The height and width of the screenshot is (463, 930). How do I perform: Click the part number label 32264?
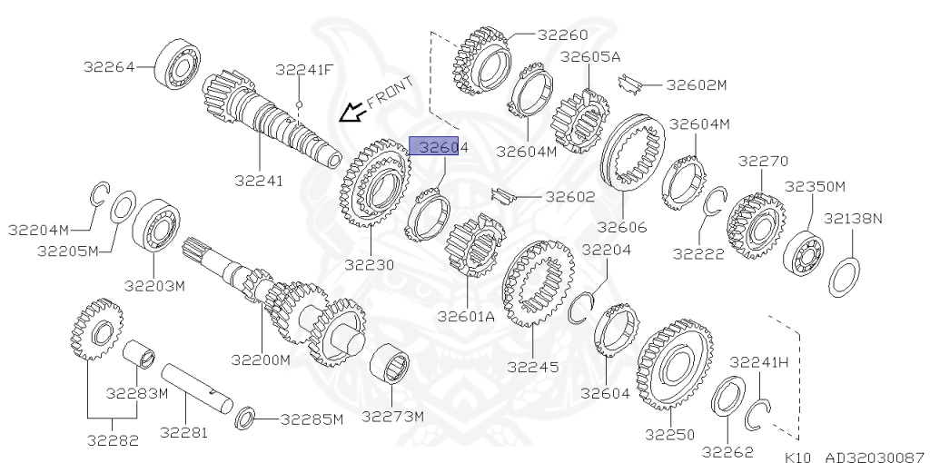109,66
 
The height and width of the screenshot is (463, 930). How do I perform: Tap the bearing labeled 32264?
177,64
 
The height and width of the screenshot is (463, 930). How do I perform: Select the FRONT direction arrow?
352,112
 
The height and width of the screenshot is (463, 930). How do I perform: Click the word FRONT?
390,93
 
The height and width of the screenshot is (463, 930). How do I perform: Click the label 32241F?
304,70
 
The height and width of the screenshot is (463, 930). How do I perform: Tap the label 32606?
622,227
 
